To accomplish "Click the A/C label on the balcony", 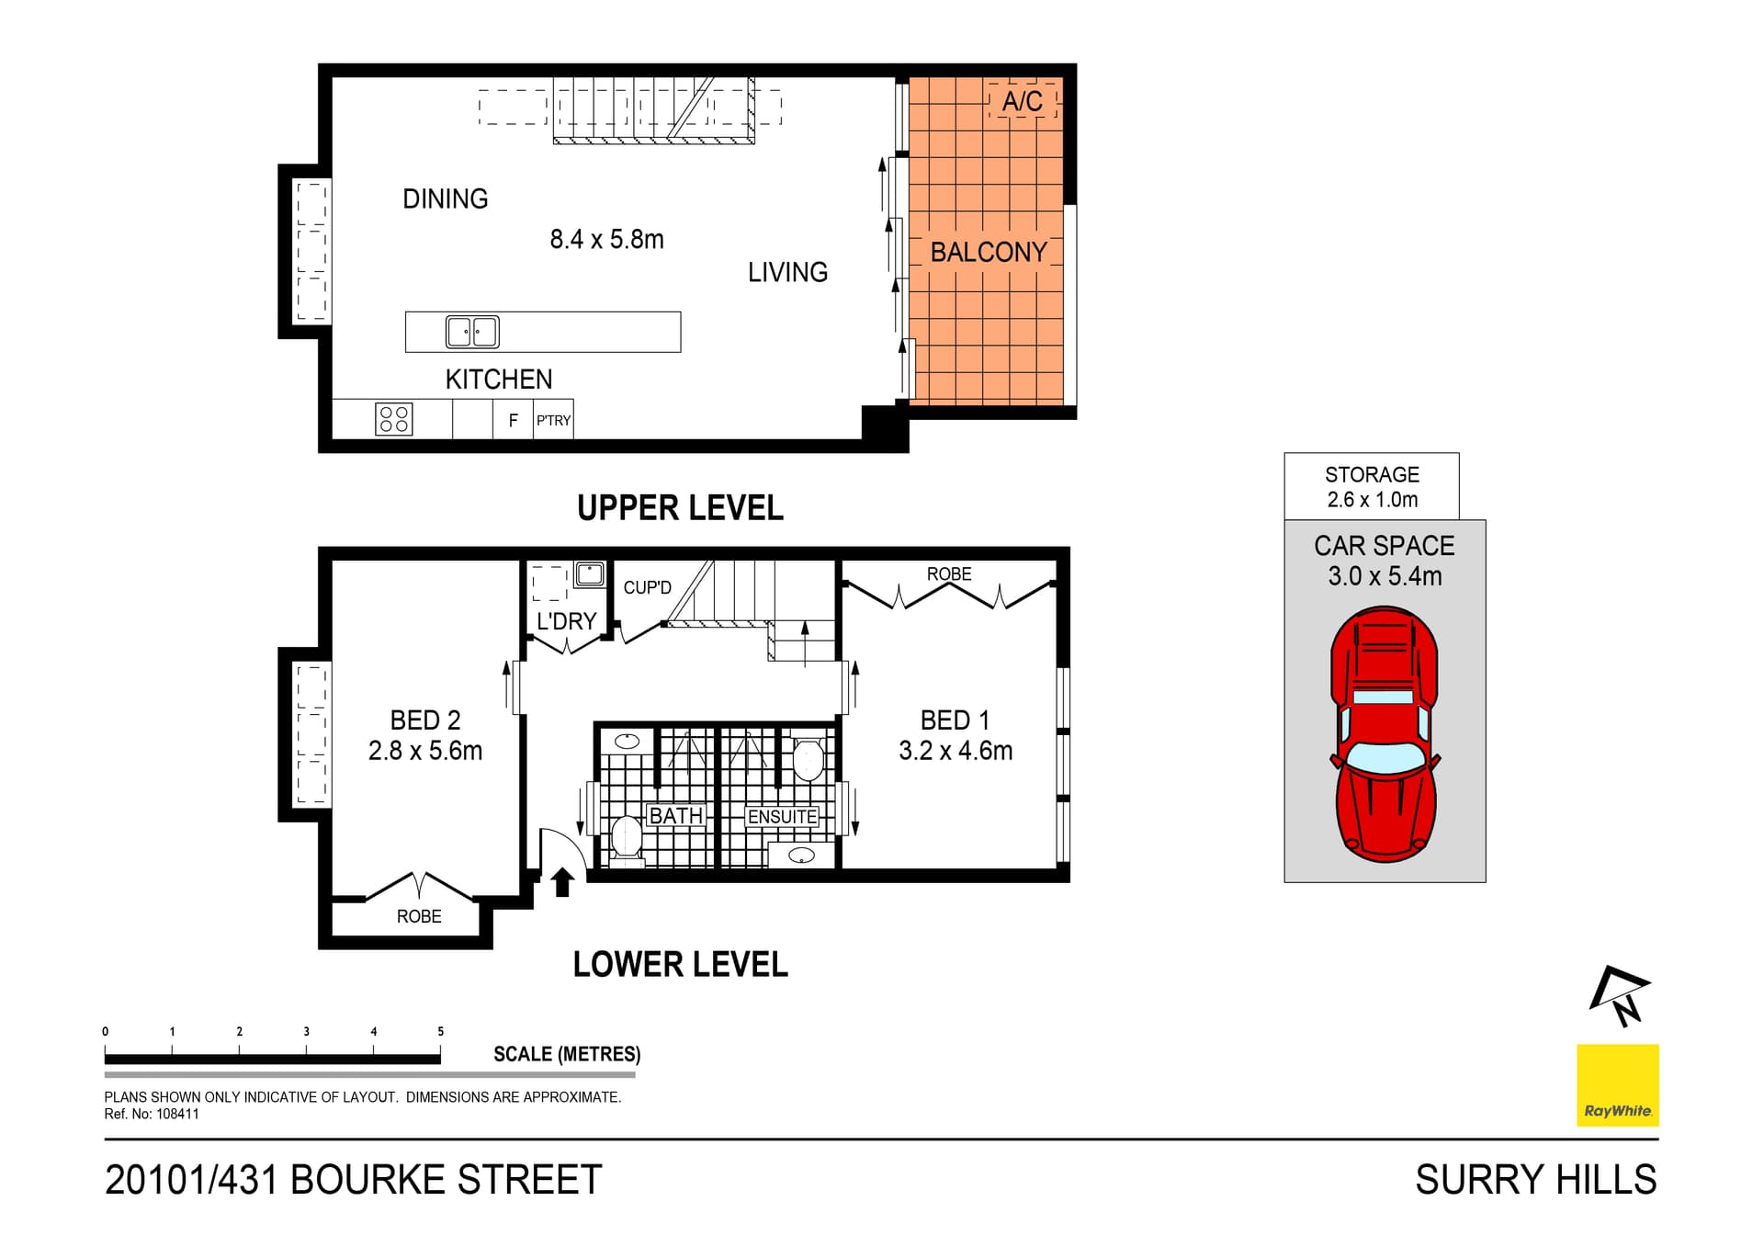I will click(1022, 101).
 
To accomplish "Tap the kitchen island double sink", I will click(472, 332).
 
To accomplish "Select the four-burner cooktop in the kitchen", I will click(394, 419).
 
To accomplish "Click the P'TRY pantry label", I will click(553, 420).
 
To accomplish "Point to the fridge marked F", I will click(513, 420).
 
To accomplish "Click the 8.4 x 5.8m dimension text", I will click(606, 240).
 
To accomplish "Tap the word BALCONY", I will click(988, 252).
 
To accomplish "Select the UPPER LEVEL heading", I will click(680, 508).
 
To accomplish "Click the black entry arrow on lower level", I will click(562, 882).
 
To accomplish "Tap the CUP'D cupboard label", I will click(647, 587).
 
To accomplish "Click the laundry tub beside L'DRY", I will click(589, 575).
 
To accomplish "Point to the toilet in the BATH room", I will click(627, 838).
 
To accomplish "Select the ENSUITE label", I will click(782, 816).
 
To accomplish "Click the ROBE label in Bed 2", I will click(419, 916).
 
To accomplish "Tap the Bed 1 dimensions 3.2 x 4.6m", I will click(955, 751).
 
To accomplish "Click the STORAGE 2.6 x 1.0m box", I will click(1371, 486).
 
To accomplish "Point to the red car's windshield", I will click(1384, 757).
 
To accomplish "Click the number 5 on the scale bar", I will click(441, 1031).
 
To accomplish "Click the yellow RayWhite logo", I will click(1617, 1084).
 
